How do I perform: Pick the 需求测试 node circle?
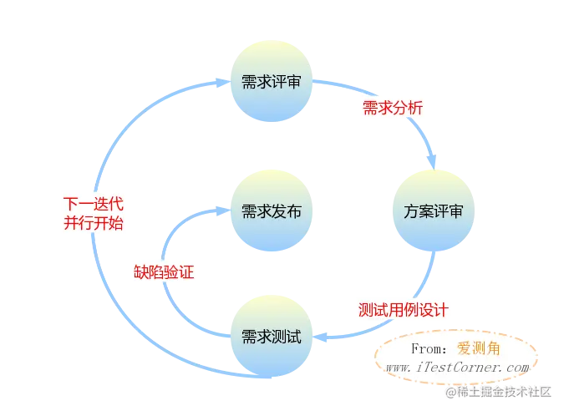tap(265, 337)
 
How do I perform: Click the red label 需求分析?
tap(392, 109)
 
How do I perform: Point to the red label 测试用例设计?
tap(403, 308)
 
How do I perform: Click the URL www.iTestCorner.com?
tap(456, 367)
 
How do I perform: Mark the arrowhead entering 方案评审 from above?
tap(434, 164)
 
